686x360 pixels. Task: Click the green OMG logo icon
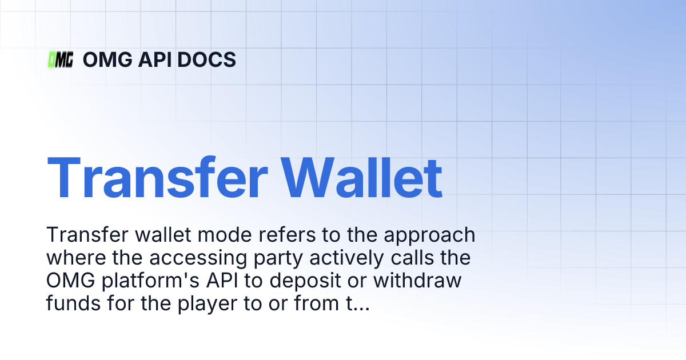pos(60,59)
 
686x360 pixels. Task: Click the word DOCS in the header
pos(209,59)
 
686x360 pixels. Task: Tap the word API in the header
pos(160,59)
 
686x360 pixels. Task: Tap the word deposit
pos(278,282)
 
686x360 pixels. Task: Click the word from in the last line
pos(309,304)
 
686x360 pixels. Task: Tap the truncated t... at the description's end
pos(355,304)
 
